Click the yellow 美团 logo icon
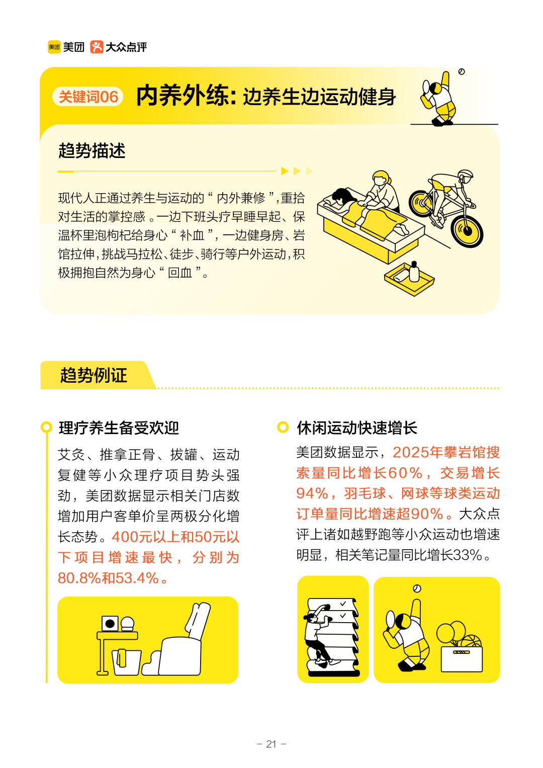pos(54,47)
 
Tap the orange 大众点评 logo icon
pos(97,47)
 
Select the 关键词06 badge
pos(88,97)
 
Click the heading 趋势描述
pos(92,150)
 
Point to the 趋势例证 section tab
pos(94,375)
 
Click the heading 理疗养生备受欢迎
pos(119,428)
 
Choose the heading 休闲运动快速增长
pos(357,428)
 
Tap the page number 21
pos(271,744)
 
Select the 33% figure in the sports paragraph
pos(468,555)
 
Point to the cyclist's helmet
pos(466,176)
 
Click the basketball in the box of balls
pos(471,642)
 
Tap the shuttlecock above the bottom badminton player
pos(417,588)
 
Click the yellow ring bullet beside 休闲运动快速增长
pos(283,428)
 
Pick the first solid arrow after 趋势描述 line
pos(285,171)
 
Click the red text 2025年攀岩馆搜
pos(446,452)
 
